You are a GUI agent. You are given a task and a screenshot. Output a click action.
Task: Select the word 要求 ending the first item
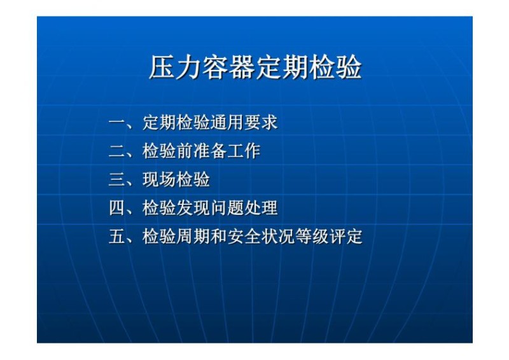[x=261, y=123]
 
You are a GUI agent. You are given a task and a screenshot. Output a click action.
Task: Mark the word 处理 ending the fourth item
[x=261, y=209]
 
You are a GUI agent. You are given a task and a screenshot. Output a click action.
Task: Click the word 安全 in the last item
[x=244, y=237]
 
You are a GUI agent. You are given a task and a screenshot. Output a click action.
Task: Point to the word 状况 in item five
[x=277, y=237]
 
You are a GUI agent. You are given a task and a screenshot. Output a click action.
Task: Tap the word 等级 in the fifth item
[x=312, y=237]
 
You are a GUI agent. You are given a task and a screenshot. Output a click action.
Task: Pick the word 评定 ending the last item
[x=345, y=237]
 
